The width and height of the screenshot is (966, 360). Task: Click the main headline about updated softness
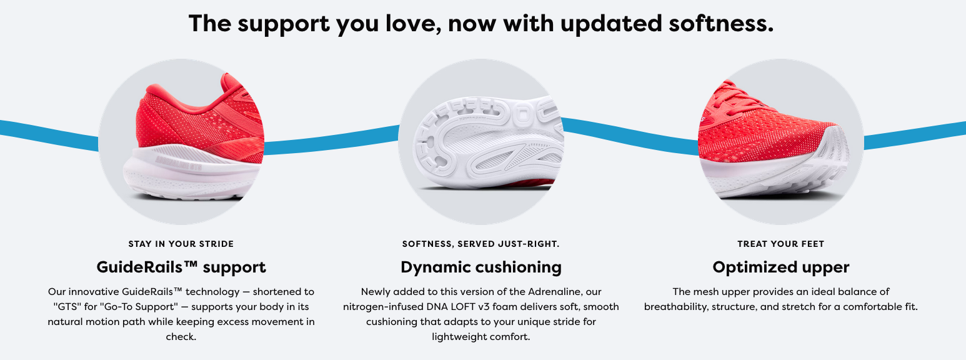(481, 24)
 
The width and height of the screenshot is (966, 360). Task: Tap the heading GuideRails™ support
(181, 267)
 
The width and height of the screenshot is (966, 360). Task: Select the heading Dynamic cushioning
(481, 267)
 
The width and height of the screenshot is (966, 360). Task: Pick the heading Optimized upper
(780, 267)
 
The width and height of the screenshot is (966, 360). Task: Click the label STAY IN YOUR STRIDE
(181, 244)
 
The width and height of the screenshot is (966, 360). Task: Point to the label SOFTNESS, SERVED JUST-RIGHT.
(481, 244)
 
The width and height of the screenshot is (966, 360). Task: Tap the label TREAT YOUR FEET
(780, 244)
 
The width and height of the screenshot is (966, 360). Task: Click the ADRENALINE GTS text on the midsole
(179, 164)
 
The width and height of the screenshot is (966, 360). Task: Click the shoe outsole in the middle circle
(487, 140)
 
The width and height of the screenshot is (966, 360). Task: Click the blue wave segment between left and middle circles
(331, 141)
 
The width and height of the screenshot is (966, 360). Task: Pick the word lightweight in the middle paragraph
(457, 337)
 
